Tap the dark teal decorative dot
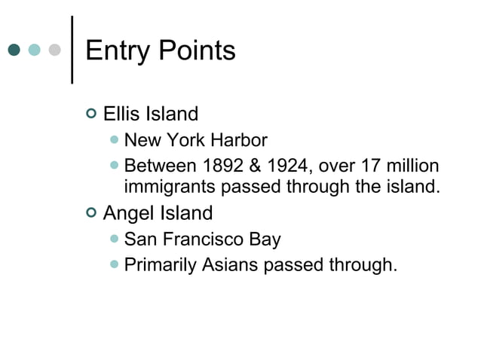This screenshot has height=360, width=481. click(14, 50)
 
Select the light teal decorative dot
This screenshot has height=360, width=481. click(34, 50)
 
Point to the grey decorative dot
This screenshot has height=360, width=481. click(54, 50)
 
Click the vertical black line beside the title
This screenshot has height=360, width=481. click(72, 50)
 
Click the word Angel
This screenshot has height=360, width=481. click(126, 213)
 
